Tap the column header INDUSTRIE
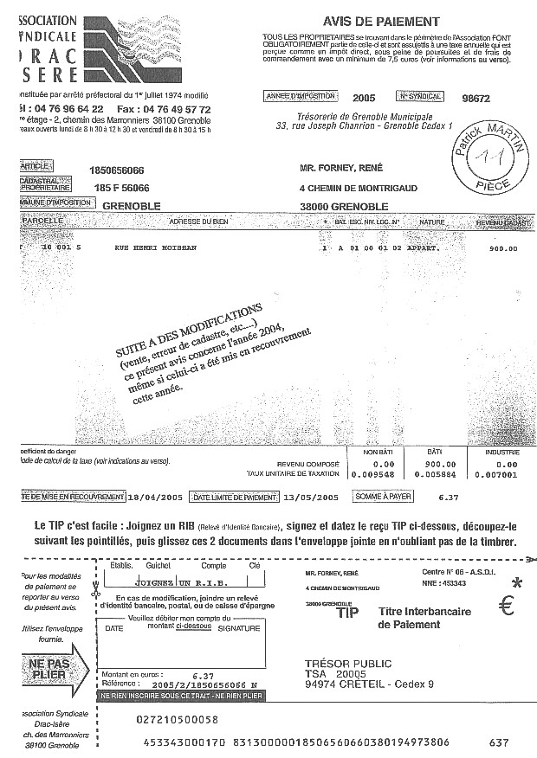(501, 452)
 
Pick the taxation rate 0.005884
(430, 475)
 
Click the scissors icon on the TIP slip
(97, 594)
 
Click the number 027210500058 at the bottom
(178, 719)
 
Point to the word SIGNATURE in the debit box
(239, 629)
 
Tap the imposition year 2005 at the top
(364, 98)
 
